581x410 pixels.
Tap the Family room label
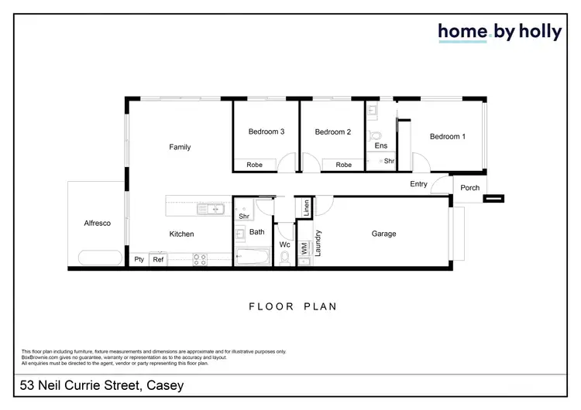(180, 147)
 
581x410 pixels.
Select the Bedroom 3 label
(266, 132)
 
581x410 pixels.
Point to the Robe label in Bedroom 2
(343, 165)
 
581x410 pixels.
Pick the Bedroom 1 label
(448, 137)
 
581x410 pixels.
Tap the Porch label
(469, 188)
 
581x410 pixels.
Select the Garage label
(383, 234)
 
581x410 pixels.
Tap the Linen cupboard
(306, 207)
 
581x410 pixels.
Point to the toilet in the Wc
(285, 257)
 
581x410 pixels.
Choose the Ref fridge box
(158, 260)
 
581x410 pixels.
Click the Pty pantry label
(139, 260)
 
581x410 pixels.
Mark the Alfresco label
(98, 224)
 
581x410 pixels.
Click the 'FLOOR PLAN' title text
(292, 306)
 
